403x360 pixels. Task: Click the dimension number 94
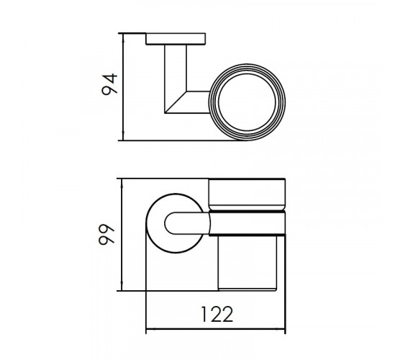[109, 85]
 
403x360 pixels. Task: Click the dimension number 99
[107, 235]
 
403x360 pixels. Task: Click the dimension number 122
[217, 314]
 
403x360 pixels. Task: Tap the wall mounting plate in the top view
[176, 39]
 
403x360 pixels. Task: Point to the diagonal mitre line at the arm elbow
[176, 102]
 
